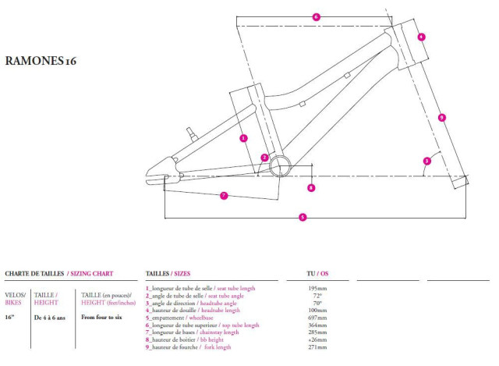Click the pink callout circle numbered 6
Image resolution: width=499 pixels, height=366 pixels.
click(x=316, y=16)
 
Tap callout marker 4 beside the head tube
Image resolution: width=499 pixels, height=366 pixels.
click(x=421, y=37)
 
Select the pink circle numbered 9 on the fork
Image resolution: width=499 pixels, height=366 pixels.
click(x=442, y=117)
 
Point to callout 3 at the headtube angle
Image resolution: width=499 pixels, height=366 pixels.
click(x=426, y=162)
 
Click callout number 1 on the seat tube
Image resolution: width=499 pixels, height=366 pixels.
click(x=244, y=138)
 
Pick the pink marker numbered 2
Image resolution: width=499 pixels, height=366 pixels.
click(x=265, y=158)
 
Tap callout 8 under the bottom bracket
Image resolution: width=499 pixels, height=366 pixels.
click(x=311, y=187)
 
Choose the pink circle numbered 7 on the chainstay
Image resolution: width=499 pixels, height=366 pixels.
click(x=224, y=195)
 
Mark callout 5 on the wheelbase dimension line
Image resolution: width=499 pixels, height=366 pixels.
click(x=303, y=218)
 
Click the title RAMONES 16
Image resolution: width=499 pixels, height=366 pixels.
click(x=41, y=59)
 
